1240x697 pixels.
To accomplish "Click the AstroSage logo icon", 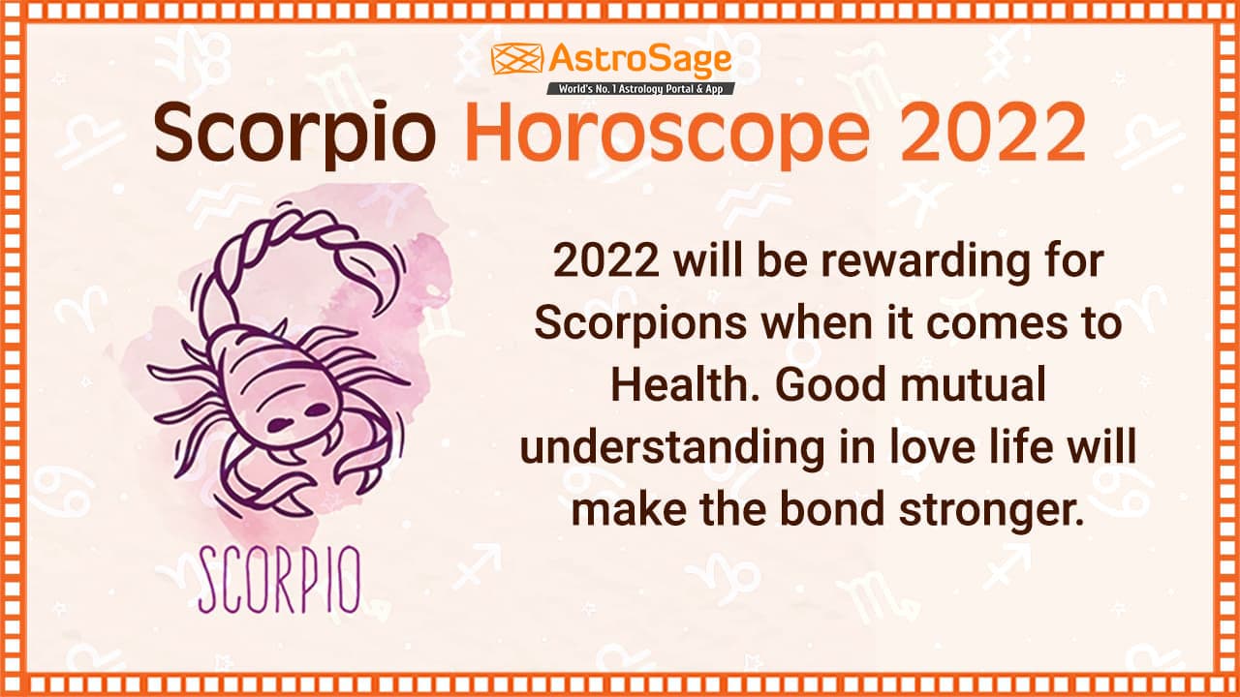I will click(x=515, y=59).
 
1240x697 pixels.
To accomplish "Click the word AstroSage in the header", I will click(x=640, y=60).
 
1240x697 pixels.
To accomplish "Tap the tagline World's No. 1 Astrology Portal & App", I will click(x=640, y=88).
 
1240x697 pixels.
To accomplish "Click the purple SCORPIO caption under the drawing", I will click(x=279, y=580).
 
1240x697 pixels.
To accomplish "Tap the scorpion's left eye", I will click(x=279, y=423).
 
